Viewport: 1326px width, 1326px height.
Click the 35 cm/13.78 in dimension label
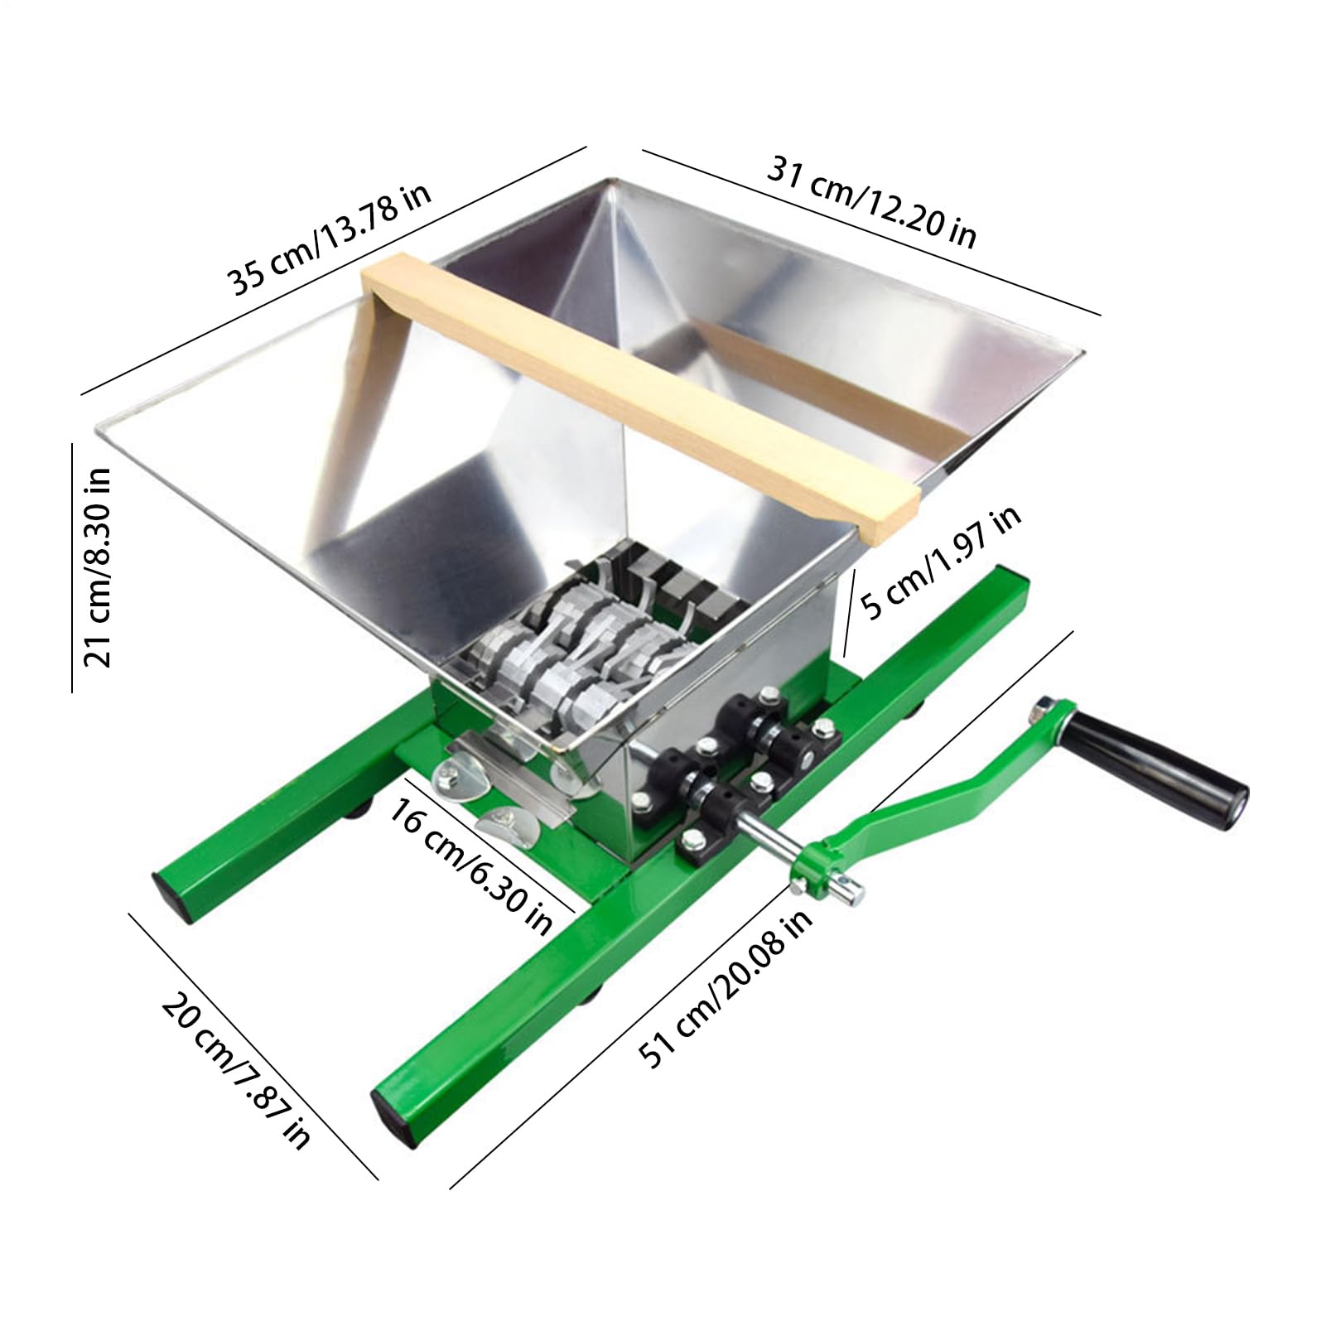(x=330, y=239)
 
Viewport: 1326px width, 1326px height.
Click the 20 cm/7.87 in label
(x=236, y=1069)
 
